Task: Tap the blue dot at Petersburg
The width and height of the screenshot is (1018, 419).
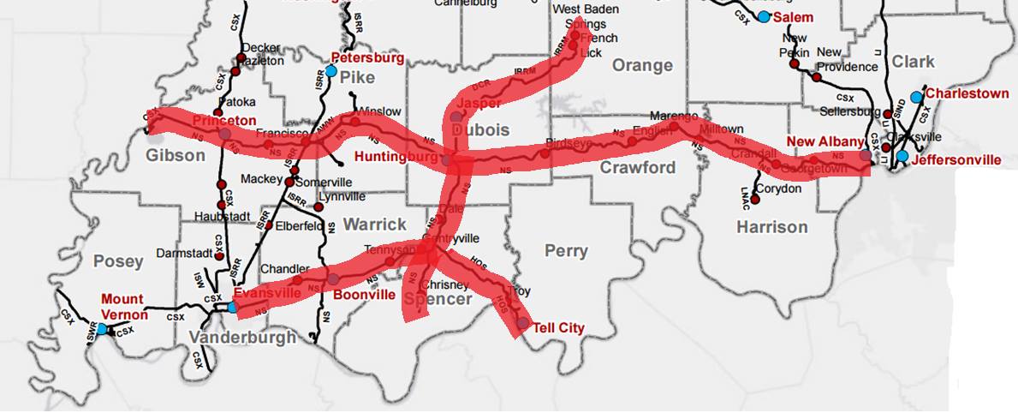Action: pos(331,71)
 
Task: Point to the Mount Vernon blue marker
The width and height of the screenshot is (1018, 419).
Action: pos(102,328)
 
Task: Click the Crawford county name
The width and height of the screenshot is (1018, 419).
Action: pos(638,167)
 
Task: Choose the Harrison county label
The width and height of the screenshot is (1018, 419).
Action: pos(771,227)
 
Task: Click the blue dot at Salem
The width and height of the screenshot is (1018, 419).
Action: pos(764,17)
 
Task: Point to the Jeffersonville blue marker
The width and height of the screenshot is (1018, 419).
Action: pos(902,156)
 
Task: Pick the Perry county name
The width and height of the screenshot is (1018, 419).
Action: pos(566,251)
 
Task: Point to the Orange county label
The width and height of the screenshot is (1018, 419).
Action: pos(642,66)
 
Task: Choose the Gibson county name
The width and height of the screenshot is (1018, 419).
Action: pos(176,155)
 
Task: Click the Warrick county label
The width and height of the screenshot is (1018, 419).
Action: pos(375,224)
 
